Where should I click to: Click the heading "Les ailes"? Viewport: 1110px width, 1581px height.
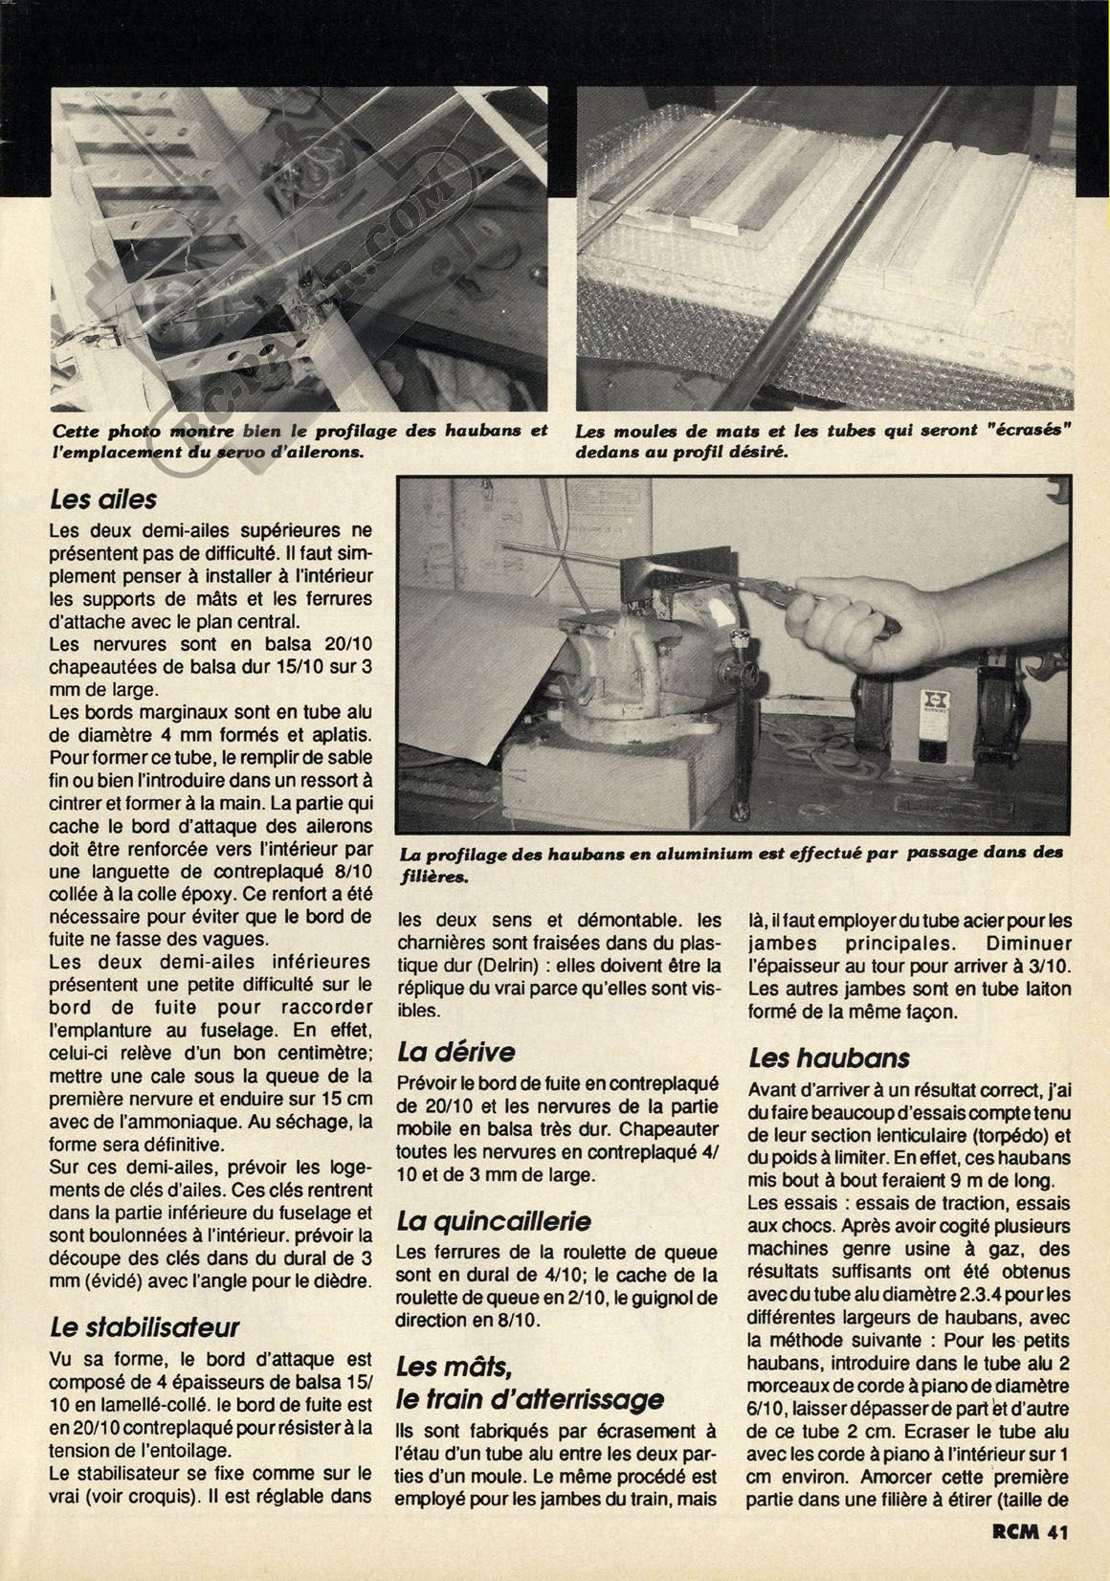(x=103, y=499)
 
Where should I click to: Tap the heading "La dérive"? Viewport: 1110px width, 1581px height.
(x=456, y=1052)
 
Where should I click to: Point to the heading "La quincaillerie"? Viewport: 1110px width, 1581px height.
(x=494, y=1221)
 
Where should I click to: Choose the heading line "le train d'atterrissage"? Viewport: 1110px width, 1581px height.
(x=530, y=1398)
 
